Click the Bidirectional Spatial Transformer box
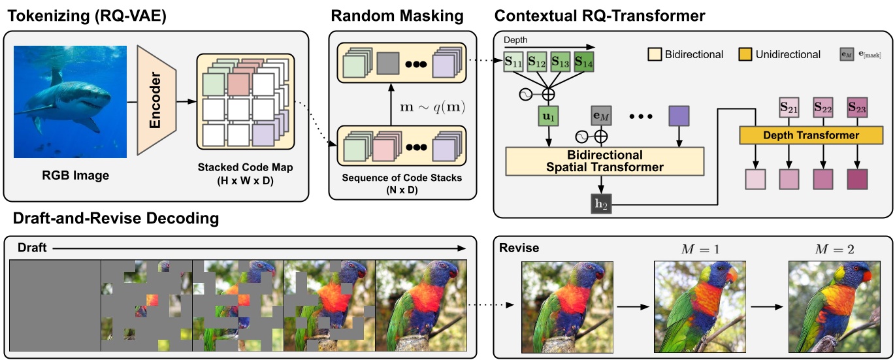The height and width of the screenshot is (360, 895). coord(604,161)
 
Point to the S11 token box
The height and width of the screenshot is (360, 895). coord(513,64)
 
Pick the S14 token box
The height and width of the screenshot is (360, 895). coord(583,64)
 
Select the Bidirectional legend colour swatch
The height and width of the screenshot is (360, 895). coord(653,54)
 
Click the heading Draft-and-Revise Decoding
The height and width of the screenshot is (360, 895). coord(112,218)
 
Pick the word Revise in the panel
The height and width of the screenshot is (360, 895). coord(519,248)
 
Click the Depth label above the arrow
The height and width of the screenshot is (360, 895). coord(515,41)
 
